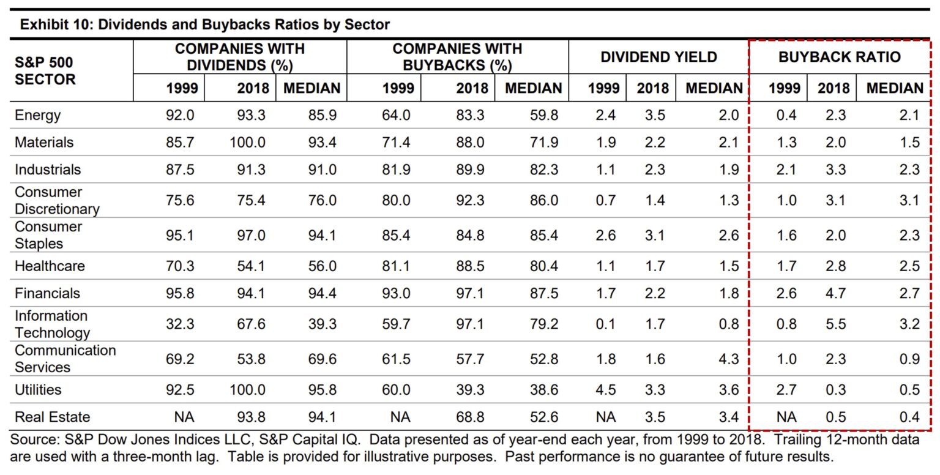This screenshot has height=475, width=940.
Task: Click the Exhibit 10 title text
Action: point(205,25)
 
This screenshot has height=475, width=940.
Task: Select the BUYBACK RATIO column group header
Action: point(839,57)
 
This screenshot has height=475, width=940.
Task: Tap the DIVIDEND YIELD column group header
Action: point(658,57)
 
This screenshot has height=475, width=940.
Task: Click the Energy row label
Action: point(38,115)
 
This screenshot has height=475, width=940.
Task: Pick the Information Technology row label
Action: point(52,324)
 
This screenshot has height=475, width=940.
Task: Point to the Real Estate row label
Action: point(52,417)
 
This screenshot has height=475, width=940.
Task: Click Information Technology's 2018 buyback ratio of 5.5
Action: point(835,324)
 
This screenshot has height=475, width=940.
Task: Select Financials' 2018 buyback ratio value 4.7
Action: point(835,293)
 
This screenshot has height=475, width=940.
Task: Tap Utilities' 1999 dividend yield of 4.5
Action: point(605,390)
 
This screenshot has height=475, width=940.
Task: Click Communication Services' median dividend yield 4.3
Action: point(729,359)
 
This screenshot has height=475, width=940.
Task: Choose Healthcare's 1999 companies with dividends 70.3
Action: point(180,266)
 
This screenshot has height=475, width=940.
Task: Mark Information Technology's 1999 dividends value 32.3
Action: point(180,324)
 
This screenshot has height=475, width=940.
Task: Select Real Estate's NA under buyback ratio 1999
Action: point(786,417)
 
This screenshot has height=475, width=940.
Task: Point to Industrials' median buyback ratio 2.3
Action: point(909,170)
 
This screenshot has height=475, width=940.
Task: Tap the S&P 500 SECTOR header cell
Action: point(45,70)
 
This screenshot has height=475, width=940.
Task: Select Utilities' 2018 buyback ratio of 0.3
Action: point(835,390)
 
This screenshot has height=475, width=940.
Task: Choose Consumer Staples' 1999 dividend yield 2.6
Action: point(605,236)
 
